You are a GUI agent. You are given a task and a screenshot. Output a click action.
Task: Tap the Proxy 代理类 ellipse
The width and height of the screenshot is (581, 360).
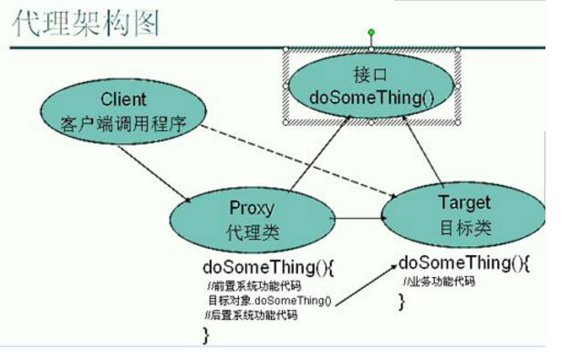click(251, 220)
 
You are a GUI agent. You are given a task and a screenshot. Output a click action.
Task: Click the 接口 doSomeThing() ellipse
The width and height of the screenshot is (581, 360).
click(370, 84)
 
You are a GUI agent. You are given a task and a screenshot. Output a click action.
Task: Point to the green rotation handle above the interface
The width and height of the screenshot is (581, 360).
click(371, 33)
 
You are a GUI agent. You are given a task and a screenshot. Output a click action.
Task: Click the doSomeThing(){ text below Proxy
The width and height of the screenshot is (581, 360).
click(255, 268)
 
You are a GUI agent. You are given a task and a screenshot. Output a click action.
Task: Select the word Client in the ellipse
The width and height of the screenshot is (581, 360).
click(123, 98)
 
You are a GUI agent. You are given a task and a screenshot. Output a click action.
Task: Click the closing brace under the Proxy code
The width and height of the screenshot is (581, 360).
click(205, 334)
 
